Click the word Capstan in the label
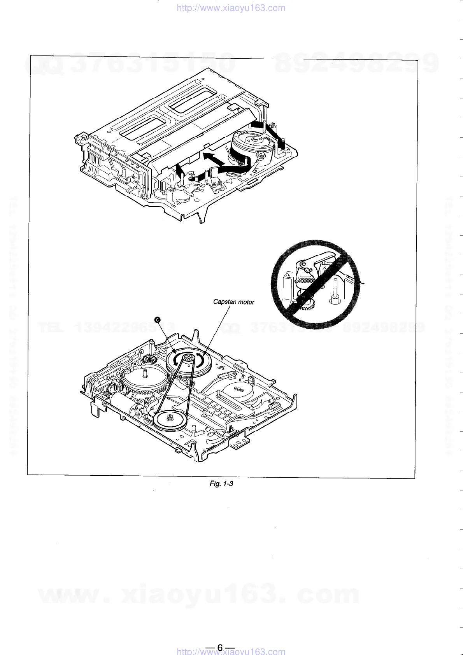click(223, 302)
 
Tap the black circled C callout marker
click(158, 320)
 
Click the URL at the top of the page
click(231, 8)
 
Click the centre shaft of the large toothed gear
click(145, 374)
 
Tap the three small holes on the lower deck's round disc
click(237, 389)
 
